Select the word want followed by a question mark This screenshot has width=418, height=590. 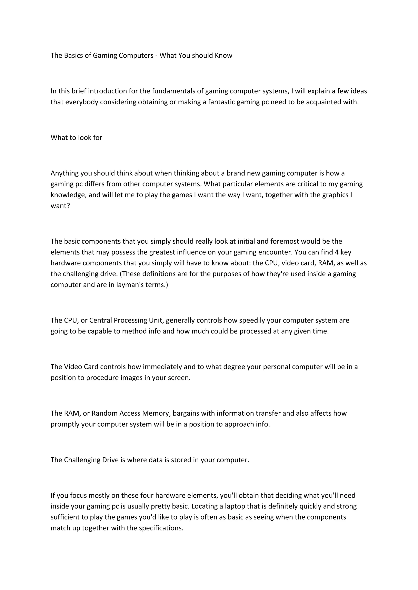[x=59, y=206]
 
